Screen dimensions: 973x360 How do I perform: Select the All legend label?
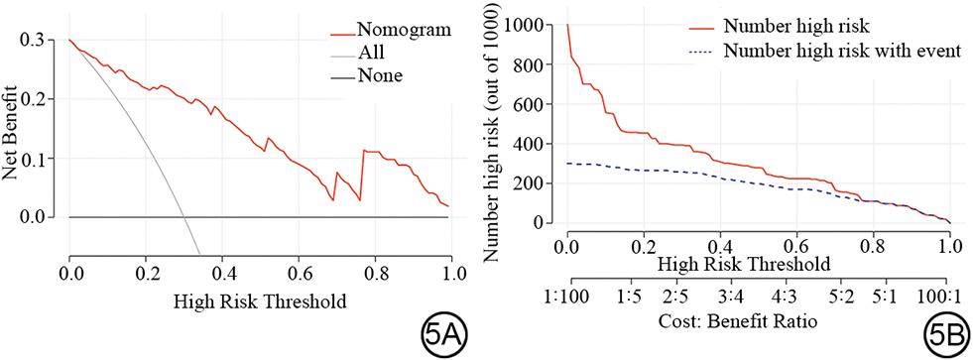(371, 53)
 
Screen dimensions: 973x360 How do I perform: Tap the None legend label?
(380, 76)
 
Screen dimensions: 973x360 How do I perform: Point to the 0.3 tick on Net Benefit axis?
(47, 40)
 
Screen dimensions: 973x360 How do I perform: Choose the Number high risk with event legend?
(839, 51)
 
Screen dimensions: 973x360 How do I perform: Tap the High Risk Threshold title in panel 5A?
(260, 302)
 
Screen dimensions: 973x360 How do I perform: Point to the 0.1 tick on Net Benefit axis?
(47, 159)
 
